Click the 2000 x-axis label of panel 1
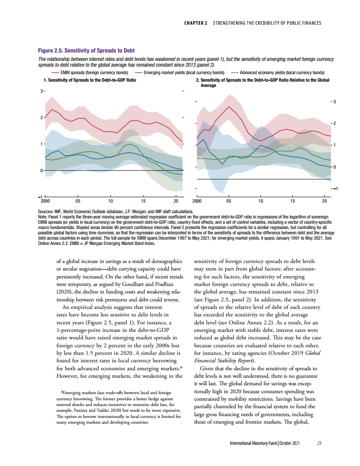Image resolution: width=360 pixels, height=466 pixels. pyautogui.click(x=45, y=201)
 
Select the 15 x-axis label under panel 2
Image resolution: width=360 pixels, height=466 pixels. pyautogui.click(x=293, y=201)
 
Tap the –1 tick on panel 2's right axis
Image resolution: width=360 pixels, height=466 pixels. pyautogui.click(x=334, y=189)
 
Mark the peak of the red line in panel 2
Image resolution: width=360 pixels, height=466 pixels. pyautogui.click(x=229, y=106)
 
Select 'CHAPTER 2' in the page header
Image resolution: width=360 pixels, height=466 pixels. pyautogui.click(x=196, y=23)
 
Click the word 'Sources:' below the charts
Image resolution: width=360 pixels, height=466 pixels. pyautogui.click(x=46, y=212)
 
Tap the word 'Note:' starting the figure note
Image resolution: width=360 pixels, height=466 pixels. pyautogui.click(x=43, y=216)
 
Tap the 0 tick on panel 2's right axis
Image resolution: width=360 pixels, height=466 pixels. pyautogui.click(x=334, y=167)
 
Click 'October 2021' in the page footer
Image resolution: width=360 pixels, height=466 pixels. pyautogui.click(x=290, y=443)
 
